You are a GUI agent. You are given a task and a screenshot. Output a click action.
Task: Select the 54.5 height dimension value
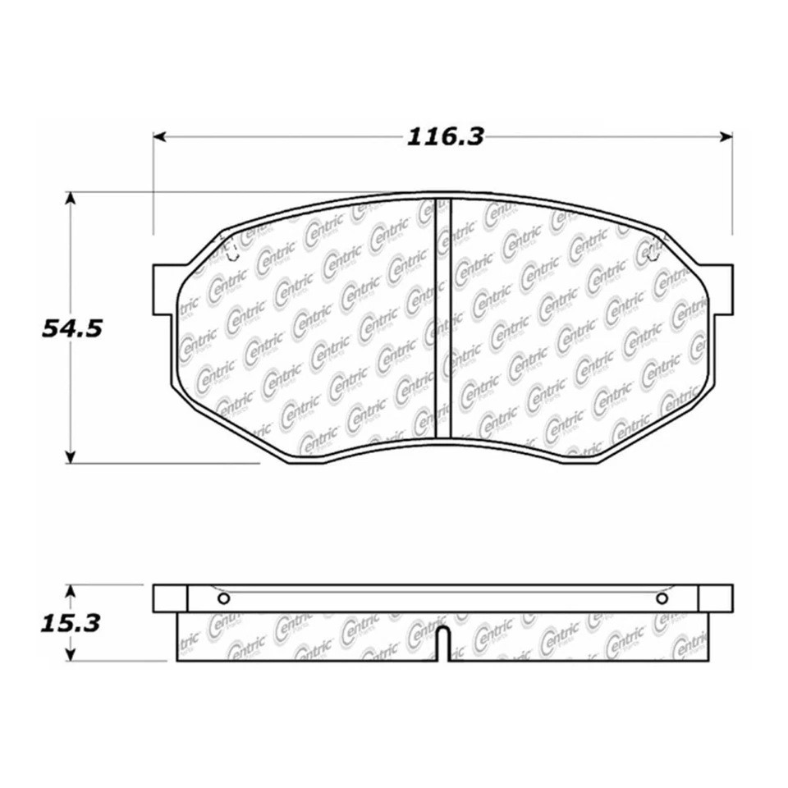point(71,328)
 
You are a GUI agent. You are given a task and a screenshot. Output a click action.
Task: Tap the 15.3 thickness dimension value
point(71,623)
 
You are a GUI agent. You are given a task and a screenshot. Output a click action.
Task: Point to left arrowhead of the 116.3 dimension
point(159,136)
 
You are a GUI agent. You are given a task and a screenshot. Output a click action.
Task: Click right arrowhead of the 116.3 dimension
point(726,136)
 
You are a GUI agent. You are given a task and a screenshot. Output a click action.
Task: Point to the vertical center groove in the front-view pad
point(442,320)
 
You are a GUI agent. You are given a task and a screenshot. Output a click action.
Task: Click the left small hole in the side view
point(222,599)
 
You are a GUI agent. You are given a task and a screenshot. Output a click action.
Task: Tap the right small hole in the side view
point(662,599)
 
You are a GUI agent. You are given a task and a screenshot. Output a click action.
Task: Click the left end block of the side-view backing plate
point(170,598)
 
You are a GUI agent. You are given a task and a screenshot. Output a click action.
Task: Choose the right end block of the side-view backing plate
point(715,598)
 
